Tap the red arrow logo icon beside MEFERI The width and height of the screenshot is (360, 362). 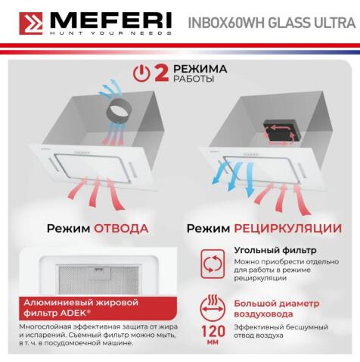click(30, 25)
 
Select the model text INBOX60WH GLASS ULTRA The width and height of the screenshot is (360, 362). click(268, 23)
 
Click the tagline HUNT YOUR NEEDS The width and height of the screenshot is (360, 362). click(101, 36)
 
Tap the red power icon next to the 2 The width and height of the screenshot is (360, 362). click(140, 73)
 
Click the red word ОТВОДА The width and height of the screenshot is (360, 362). click(121, 228)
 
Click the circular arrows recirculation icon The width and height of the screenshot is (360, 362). click(209, 264)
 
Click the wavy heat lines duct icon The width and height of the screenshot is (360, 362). click(209, 306)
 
